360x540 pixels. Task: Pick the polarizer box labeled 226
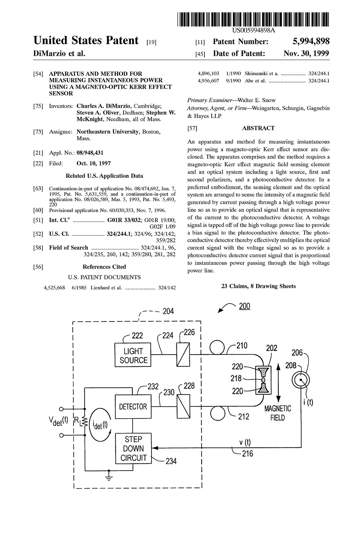click(x=183, y=355)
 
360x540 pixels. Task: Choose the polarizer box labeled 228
click(x=183, y=406)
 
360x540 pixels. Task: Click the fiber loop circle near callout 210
click(x=217, y=347)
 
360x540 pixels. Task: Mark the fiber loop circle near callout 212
click(x=217, y=413)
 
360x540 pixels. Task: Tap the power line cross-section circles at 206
click(x=301, y=380)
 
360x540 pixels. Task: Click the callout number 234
click(x=171, y=461)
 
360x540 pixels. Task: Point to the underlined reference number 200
click(x=244, y=306)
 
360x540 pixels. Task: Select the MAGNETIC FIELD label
click(x=278, y=413)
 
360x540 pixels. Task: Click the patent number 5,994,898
click(x=311, y=41)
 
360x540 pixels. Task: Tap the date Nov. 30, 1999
click(x=306, y=53)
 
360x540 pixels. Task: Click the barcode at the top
click(x=253, y=19)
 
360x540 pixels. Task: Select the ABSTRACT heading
click(x=258, y=128)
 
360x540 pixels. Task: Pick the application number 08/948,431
click(x=90, y=153)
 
